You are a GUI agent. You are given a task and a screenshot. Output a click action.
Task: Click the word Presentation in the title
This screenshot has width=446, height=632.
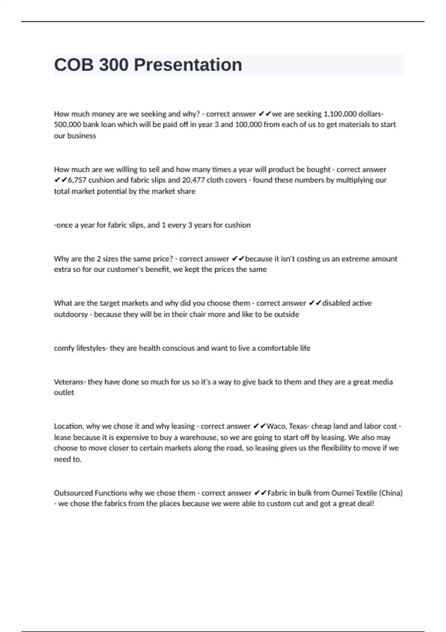[188, 65]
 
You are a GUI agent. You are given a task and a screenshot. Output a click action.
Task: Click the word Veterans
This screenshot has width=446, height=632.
[70, 382]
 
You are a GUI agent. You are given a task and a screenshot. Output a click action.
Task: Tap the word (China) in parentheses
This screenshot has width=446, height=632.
[391, 493]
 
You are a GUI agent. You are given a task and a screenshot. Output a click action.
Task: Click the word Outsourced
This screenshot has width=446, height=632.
[73, 493]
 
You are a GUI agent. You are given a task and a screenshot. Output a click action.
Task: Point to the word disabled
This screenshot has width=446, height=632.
[336, 303]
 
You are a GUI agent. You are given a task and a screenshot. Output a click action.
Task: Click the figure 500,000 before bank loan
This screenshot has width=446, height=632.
[67, 125]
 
